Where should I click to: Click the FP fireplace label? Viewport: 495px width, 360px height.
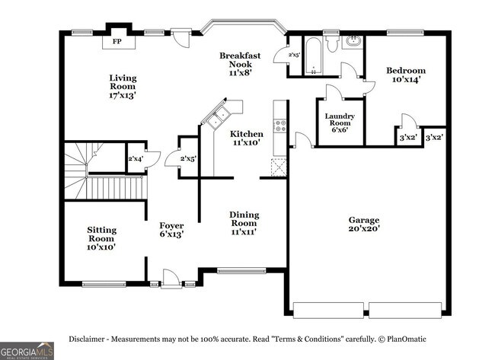[x=117, y=42]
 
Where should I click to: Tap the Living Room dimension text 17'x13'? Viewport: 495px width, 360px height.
[x=122, y=96]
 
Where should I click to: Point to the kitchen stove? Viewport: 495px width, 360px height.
[x=280, y=126]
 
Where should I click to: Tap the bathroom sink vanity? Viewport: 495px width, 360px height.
[x=353, y=41]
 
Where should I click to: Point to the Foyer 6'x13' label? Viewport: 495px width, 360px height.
[x=171, y=231]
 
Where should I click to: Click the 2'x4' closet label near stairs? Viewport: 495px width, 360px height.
[x=136, y=158]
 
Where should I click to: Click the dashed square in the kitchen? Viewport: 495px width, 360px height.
[x=279, y=167]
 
